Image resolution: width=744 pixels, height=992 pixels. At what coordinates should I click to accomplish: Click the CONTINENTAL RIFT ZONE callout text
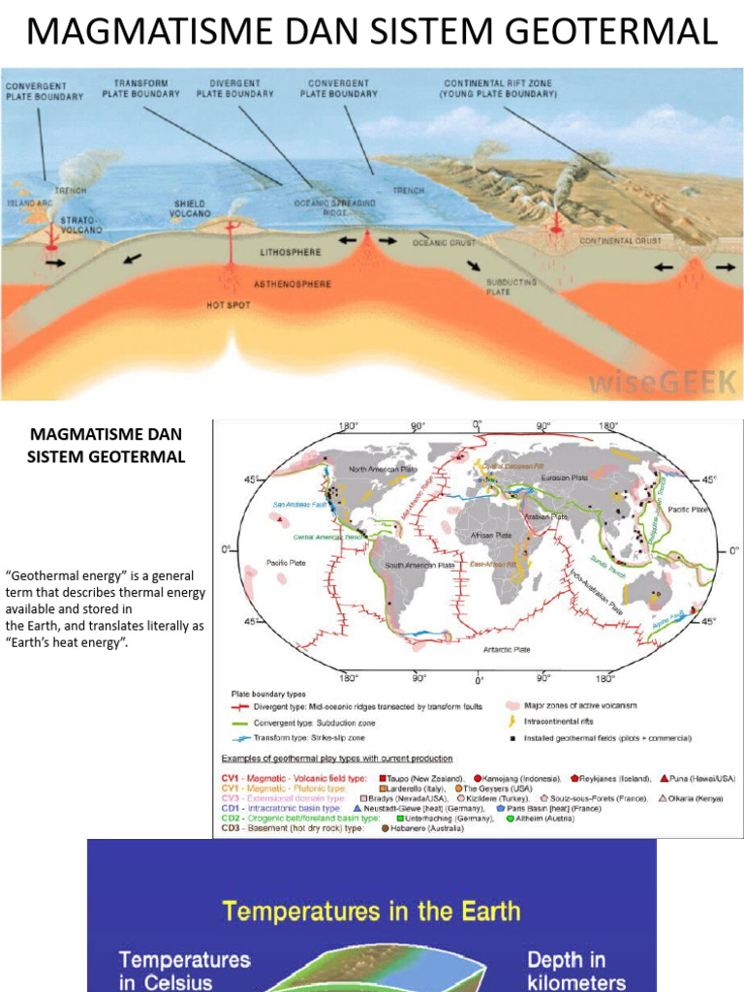tap(499, 88)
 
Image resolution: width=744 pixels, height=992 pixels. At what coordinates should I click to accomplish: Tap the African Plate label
tap(491, 535)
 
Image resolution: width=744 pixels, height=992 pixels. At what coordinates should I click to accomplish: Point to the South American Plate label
tap(420, 566)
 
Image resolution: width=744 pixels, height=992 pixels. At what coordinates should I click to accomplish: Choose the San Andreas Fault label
tap(294, 504)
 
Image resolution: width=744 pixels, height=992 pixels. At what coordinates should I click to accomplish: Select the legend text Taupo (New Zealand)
tap(418, 778)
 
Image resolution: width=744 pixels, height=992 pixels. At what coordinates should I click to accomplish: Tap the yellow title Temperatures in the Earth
tap(372, 911)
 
